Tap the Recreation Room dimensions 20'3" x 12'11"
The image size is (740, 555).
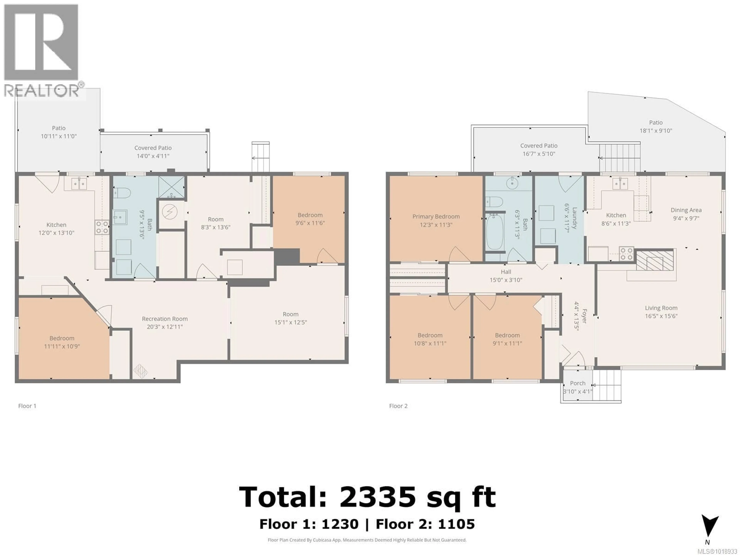165,327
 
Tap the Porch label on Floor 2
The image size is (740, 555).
577,383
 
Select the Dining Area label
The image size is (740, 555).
686,210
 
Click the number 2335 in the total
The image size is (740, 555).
377,497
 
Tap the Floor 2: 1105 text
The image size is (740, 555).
425,524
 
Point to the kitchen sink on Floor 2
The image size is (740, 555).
620,183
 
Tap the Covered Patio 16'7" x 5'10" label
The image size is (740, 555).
539,150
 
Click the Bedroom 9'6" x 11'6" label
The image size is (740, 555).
310,219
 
